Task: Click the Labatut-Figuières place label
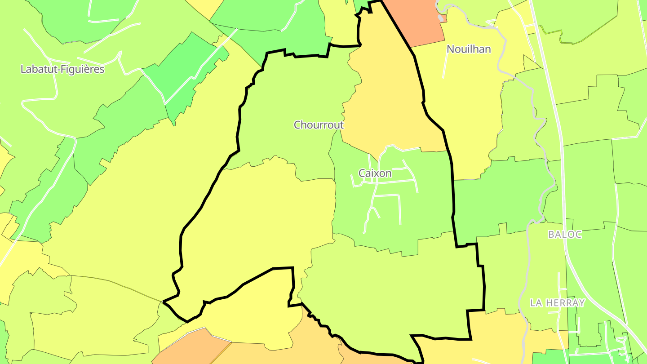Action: (62, 69)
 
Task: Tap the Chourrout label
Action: (319, 125)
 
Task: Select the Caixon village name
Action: (375, 173)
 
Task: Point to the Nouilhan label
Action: (469, 49)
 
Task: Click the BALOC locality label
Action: (565, 235)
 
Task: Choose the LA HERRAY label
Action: (557, 303)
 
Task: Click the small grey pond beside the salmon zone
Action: (442, 18)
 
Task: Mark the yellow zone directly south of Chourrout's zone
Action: (261, 216)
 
